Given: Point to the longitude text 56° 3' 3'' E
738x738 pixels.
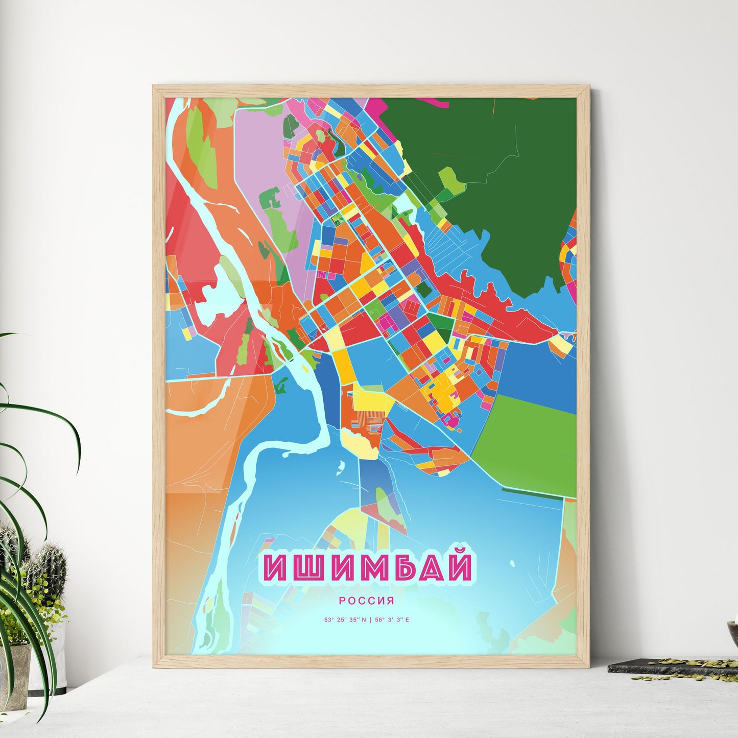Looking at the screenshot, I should tap(392, 620).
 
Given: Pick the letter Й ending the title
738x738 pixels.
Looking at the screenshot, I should tap(457, 566).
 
